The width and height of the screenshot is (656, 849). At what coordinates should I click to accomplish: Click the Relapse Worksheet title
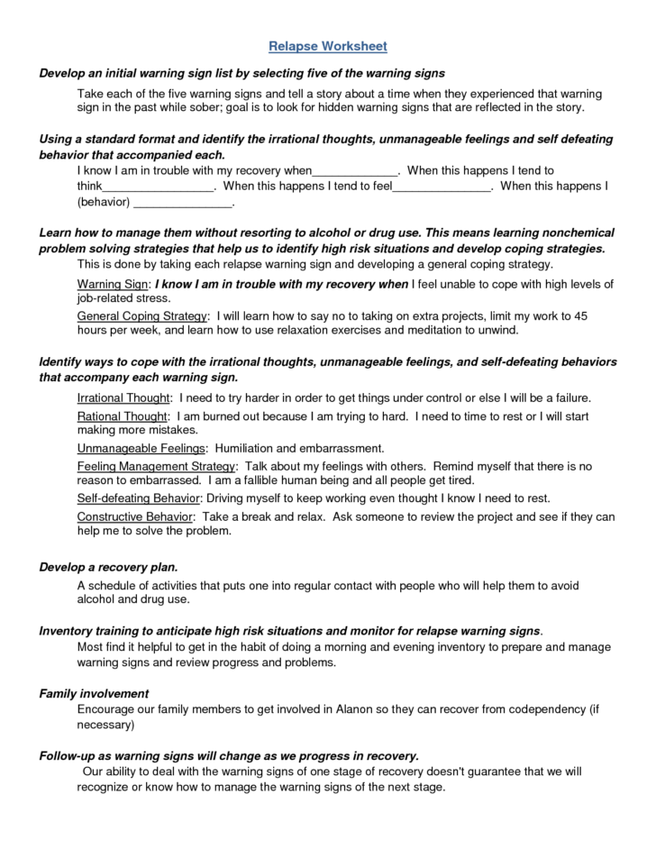(x=328, y=45)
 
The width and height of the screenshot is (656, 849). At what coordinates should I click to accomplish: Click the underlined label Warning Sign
(x=113, y=284)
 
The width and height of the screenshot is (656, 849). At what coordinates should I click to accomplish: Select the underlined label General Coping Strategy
(x=142, y=316)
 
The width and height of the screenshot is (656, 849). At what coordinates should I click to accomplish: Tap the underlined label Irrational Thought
(x=123, y=397)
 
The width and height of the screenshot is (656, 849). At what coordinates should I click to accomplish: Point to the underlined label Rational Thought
(x=123, y=416)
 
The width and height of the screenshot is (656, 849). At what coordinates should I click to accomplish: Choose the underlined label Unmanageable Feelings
(x=141, y=448)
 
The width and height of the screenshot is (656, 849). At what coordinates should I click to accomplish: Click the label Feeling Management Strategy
(x=156, y=466)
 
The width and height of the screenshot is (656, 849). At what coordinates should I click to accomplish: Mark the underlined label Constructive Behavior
(x=135, y=516)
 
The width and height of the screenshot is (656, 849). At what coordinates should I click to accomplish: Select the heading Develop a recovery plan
(x=108, y=567)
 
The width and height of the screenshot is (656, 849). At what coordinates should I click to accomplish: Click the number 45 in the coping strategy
(x=581, y=316)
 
